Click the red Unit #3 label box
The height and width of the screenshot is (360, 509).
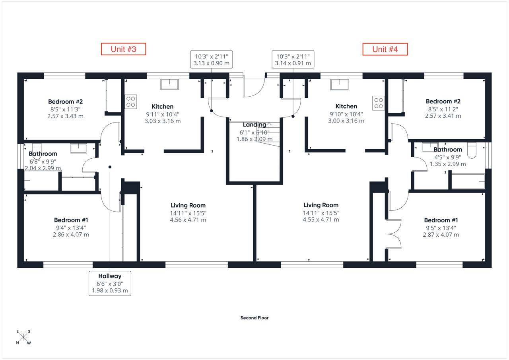tap(123, 49)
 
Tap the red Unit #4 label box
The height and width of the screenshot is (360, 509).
tap(385, 49)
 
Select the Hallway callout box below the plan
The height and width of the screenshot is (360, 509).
tap(110, 283)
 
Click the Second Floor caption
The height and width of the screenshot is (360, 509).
tap(254, 318)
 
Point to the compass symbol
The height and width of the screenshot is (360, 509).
tap(23, 337)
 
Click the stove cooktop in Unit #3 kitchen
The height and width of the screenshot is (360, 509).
tap(131, 101)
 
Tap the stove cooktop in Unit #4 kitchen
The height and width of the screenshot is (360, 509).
tap(378, 103)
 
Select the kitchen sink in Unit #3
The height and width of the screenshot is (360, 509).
tap(169, 84)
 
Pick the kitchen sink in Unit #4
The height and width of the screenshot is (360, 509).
tap(340, 85)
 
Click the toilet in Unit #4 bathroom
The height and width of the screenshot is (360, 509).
tap(472, 150)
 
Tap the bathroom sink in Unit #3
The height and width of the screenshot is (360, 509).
tap(78, 148)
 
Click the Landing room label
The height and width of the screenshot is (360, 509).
tap(254, 125)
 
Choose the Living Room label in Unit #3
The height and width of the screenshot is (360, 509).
tap(188, 205)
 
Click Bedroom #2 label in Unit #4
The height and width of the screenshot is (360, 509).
tap(443, 101)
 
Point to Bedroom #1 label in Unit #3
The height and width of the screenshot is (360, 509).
tap(71, 220)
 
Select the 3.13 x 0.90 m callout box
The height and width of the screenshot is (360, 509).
tap(211, 59)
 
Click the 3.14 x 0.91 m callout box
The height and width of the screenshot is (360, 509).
tap(293, 59)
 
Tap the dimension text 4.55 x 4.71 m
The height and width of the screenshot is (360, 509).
tap(321, 219)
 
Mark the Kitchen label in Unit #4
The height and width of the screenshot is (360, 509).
tap(346, 106)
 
